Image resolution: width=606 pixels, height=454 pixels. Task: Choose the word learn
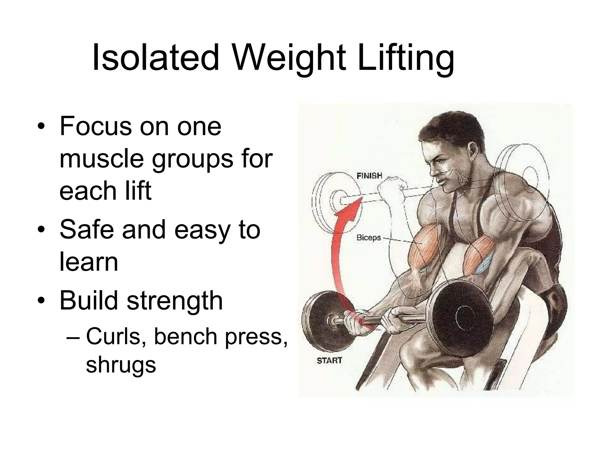click(x=89, y=262)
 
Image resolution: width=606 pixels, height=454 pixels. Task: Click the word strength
click(x=175, y=301)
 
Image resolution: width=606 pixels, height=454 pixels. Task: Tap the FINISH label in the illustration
click(x=369, y=176)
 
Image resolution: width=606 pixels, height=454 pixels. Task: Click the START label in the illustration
click(x=329, y=361)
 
